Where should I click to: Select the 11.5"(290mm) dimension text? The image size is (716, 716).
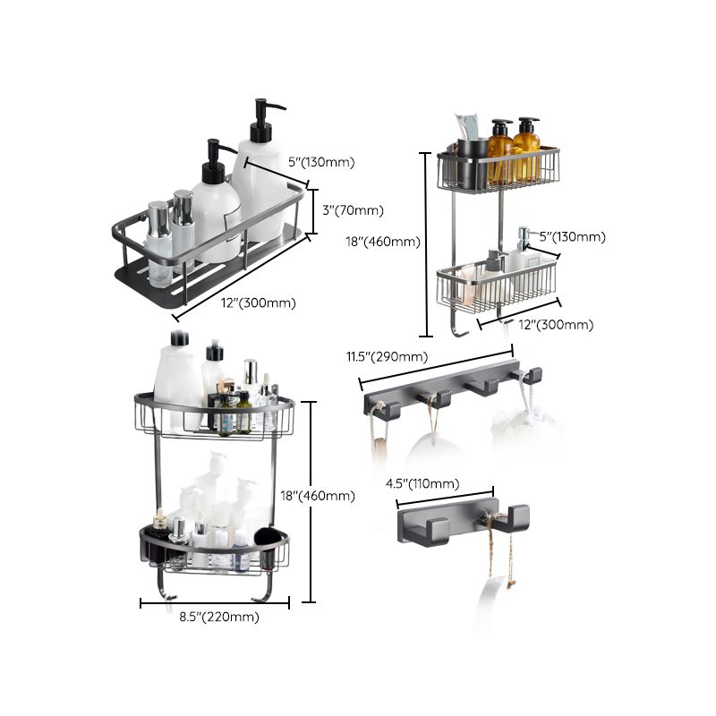(x=387, y=357)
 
